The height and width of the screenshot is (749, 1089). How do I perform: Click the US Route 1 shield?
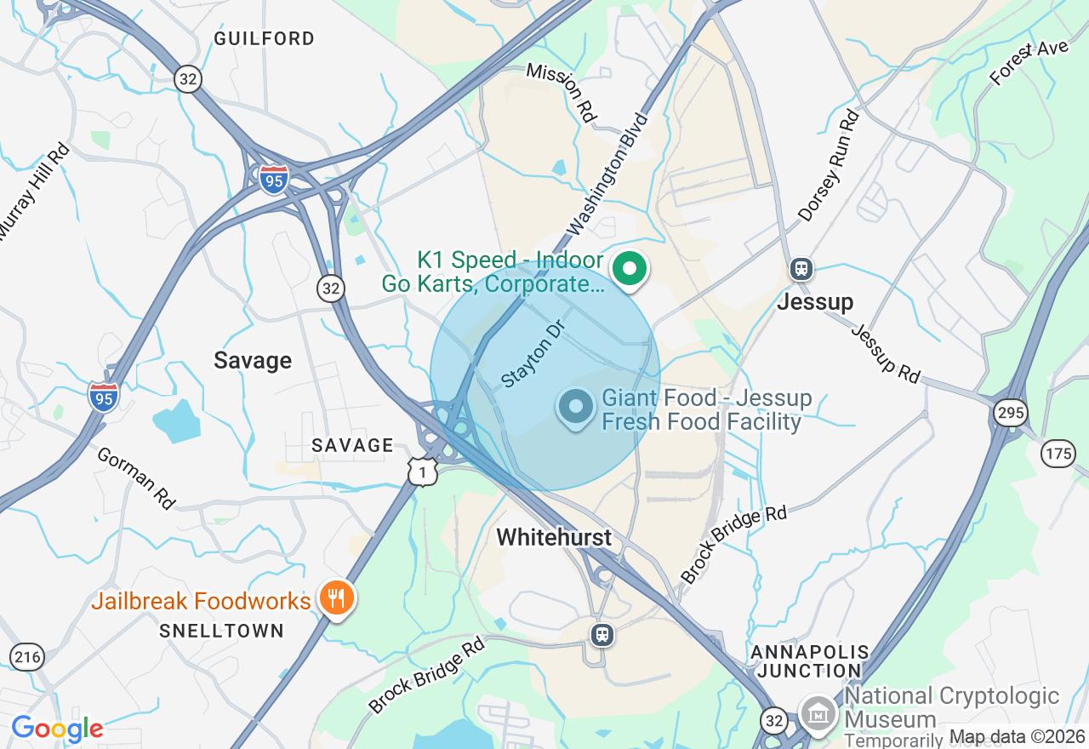click(422, 472)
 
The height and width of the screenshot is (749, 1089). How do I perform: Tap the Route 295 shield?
click(1010, 414)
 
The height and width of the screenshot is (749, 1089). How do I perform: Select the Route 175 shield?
click(1058, 454)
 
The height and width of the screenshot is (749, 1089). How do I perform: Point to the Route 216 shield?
click(27, 656)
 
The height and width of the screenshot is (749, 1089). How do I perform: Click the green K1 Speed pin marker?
click(630, 270)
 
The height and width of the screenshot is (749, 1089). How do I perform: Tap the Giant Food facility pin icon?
click(576, 406)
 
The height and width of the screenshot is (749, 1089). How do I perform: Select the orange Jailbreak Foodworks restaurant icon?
click(337, 599)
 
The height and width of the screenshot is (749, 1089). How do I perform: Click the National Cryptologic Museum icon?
click(819, 712)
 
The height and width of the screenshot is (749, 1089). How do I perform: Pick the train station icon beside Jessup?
click(801, 270)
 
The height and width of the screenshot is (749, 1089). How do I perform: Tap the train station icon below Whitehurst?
click(602, 634)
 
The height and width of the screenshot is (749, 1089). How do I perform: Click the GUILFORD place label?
click(265, 38)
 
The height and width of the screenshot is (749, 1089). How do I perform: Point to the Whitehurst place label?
click(554, 537)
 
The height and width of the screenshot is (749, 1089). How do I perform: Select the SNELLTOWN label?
click(221, 631)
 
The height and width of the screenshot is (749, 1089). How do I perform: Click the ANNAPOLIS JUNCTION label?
click(809, 661)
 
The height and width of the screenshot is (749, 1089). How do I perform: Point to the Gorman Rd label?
click(136, 478)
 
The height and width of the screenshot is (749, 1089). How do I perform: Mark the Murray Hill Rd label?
click(34, 192)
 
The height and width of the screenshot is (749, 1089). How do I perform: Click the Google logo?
click(57, 729)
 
